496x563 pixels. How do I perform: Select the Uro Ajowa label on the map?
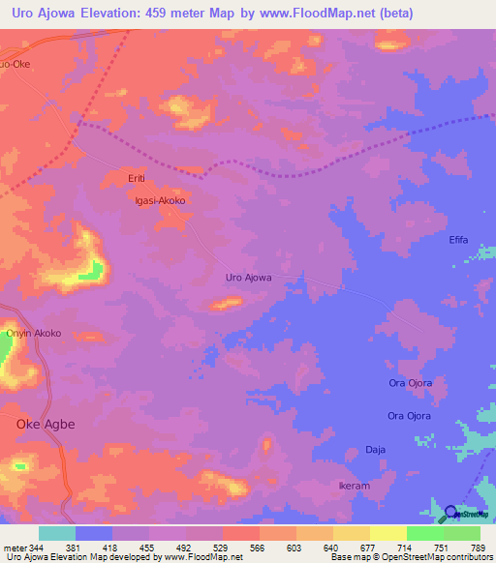[x=248, y=278]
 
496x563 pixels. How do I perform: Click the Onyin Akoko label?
[x=34, y=333]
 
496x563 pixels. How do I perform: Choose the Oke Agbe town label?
[x=46, y=424]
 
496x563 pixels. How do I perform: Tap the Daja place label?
[x=375, y=449]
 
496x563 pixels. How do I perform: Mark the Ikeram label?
[x=354, y=486]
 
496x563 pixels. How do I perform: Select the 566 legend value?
[x=259, y=547]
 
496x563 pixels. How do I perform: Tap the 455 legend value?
[x=150, y=547]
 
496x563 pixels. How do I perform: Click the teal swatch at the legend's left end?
[x=56, y=533]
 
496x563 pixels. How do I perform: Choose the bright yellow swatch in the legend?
[x=387, y=533]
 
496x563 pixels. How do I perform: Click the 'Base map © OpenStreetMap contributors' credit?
[x=412, y=557]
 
